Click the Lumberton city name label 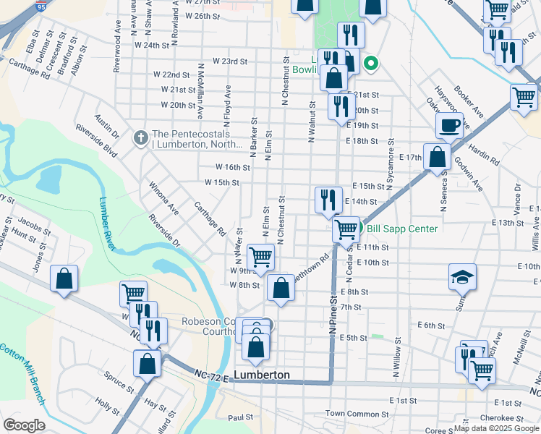click(x=262, y=375)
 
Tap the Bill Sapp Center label click(x=402, y=229)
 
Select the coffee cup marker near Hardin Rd click(x=449, y=125)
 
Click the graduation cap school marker click(x=462, y=277)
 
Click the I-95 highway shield click(x=41, y=7)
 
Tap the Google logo click(x=24, y=425)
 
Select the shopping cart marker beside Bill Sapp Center click(x=346, y=229)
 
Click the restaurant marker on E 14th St click(x=328, y=198)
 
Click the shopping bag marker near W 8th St click(x=280, y=287)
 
